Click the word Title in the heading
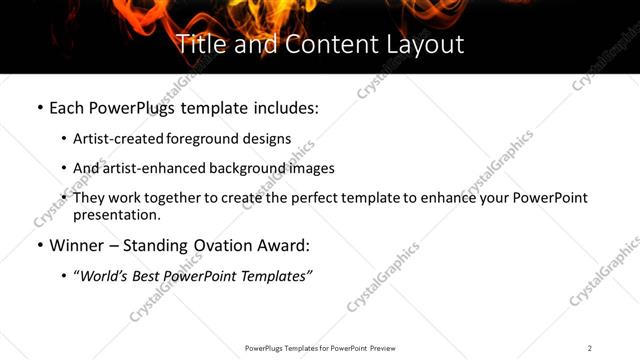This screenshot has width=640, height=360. tap(199, 44)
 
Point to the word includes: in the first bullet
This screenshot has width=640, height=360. tap(285, 107)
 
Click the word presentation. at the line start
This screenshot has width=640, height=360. tap(117, 215)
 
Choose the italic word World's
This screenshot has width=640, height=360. tap(106, 276)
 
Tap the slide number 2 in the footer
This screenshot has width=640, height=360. tap(590, 348)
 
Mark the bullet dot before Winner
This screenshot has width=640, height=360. tap(39, 245)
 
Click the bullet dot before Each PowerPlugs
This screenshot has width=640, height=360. tap(39, 107)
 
